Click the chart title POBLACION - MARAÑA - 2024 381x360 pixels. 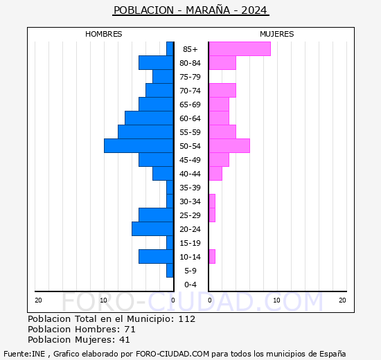(190, 10)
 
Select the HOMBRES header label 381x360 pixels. (103, 34)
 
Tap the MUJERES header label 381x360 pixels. (276, 34)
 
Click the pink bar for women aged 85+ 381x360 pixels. (239, 49)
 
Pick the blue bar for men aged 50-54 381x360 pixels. (139, 146)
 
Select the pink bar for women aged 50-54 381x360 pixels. (229, 146)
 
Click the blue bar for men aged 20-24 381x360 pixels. (152, 229)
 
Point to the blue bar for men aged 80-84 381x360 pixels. (156, 63)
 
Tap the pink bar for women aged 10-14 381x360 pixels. (211, 257)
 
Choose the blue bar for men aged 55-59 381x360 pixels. (145, 132)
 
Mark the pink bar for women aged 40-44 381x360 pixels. (215, 174)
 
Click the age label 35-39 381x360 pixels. (190, 188)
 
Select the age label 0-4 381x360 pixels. (190, 285)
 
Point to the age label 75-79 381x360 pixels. (190, 77)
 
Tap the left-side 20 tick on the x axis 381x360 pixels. (39, 300)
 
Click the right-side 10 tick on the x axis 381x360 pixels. (276, 300)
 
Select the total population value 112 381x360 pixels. (186, 319)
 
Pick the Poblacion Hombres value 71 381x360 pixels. (130, 330)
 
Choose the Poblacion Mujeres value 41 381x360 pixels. (130, 340)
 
